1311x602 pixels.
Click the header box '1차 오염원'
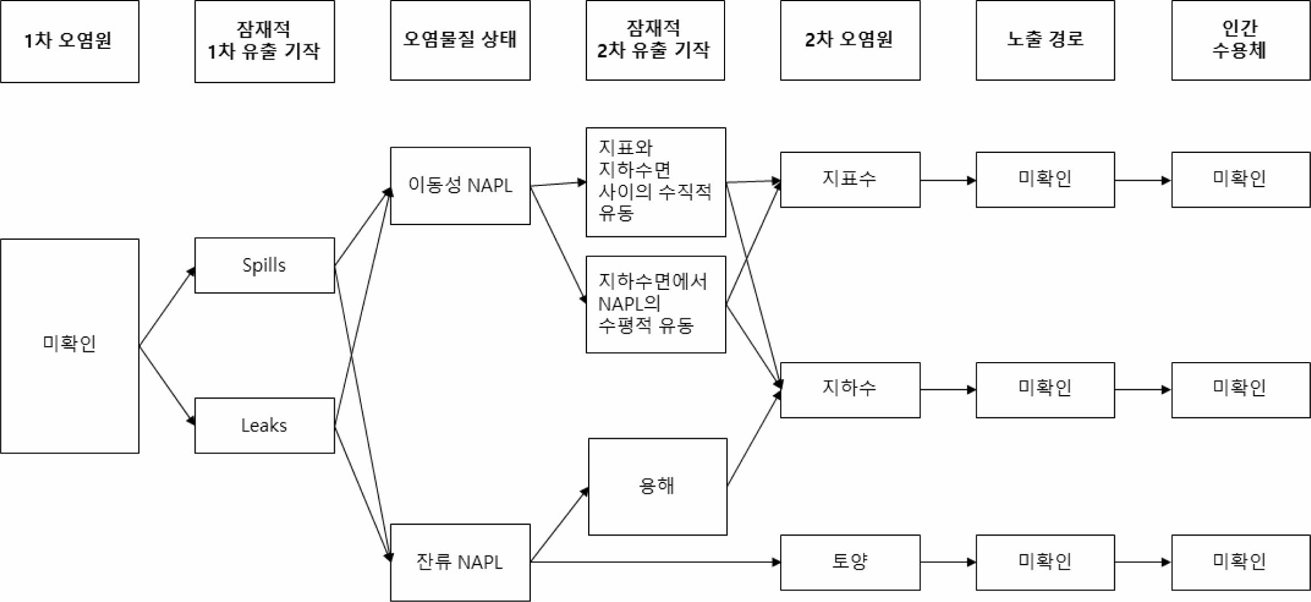[69, 41]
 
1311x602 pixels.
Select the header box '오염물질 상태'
[460, 40]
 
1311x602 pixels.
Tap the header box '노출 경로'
[1044, 40]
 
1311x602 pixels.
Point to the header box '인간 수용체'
[1240, 40]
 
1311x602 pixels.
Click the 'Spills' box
[264, 265]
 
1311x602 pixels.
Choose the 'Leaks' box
[264, 425]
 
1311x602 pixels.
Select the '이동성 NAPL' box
[460, 186]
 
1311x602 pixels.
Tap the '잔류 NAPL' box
[460, 562]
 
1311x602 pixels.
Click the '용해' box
[657, 487]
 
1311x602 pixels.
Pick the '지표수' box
[850, 180]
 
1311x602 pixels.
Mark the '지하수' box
[850, 390]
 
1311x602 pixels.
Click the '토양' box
[850, 562]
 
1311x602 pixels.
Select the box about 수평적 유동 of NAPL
[655, 304]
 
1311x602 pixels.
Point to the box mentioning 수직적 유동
[655, 182]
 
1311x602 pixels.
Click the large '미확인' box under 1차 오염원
[69, 346]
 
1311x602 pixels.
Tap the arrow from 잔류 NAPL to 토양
[654, 562]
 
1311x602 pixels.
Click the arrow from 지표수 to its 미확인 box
[947, 180]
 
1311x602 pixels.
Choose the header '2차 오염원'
[850, 40]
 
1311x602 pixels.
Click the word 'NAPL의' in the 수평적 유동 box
[629, 304]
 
